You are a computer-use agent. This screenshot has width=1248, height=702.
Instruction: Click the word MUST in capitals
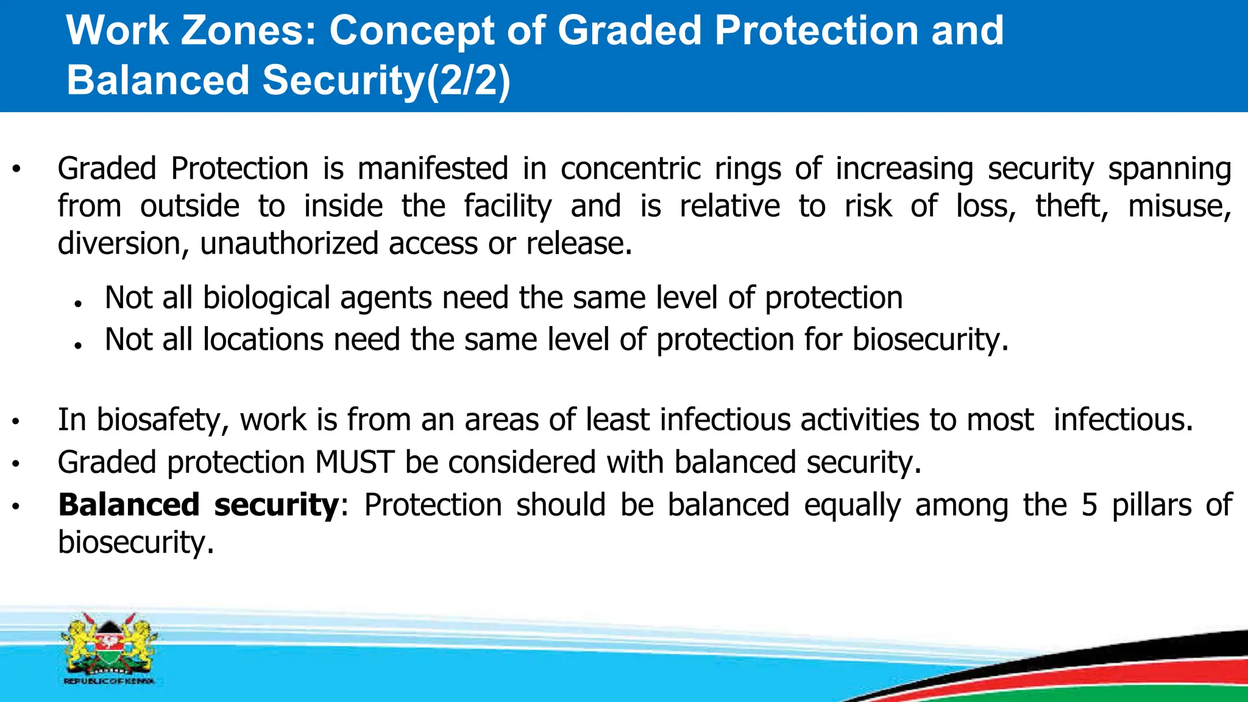pos(355,462)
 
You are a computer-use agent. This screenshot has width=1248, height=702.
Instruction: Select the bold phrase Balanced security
pos(199,505)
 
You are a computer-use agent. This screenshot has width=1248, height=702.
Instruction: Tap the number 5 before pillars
pos(1090,505)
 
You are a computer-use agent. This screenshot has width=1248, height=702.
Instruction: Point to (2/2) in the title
pos(468,80)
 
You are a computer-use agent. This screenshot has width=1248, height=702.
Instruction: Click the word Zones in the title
pos(249,30)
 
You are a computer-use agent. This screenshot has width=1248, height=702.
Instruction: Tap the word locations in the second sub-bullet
pos(263,339)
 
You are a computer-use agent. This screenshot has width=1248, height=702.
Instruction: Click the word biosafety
pos(162,420)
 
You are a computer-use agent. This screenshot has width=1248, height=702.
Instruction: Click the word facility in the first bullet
pos(508,206)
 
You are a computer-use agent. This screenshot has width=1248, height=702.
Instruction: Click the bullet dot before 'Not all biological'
pos(77,303)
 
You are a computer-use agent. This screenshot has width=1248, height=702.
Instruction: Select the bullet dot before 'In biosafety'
pos(16,421)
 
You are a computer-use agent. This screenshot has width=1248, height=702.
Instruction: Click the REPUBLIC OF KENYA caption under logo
pos(109,681)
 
